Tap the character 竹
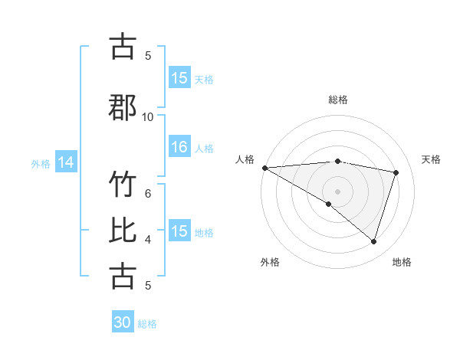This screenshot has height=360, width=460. tap(123, 186)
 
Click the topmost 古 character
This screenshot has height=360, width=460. tap(123, 47)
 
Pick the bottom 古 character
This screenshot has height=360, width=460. tap(123, 276)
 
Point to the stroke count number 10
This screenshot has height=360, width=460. tap(148, 116)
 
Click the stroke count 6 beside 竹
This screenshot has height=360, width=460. tap(148, 193)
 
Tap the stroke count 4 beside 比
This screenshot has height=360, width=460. tap(148, 240)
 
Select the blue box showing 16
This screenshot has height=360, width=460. tap(179, 148)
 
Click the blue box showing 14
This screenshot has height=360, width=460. tap(66, 162)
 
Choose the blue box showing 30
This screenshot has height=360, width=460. tap(123, 323)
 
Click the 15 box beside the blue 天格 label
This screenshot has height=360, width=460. tap(179, 78)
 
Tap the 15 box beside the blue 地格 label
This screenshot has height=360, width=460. tap(179, 231)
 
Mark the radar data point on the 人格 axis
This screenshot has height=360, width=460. tap(264, 168)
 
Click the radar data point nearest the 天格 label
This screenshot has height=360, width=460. tap(396, 172)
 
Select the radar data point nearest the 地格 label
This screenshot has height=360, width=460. tap(373, 241)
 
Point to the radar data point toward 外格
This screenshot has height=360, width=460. tap(329, 204)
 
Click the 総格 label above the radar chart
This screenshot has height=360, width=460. tap(338, 100)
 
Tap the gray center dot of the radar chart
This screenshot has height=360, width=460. tap(337, 191)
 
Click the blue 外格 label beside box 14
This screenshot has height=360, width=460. tap(41, 163)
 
